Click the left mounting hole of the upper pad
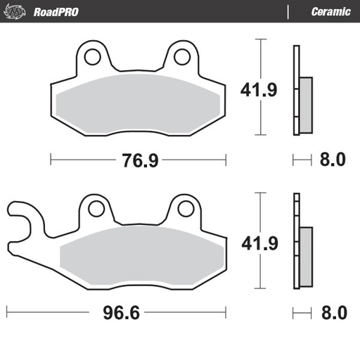point(91,57)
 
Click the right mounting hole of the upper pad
point(181,57)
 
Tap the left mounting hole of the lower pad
point(95,208)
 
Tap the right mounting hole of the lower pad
point(185,208)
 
